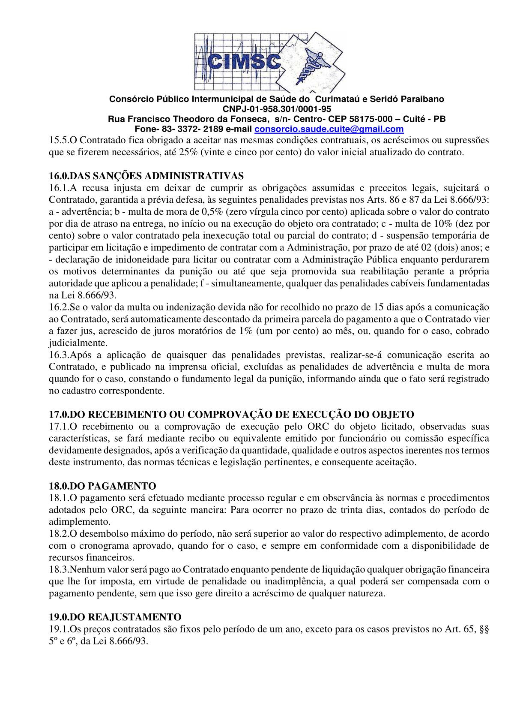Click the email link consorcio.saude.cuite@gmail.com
(329, 129)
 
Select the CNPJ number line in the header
(277, 109)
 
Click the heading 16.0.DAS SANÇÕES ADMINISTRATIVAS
(146, 176)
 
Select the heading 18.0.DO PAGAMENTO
(102, 486)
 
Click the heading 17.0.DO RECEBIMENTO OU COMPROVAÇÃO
(231, 415)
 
